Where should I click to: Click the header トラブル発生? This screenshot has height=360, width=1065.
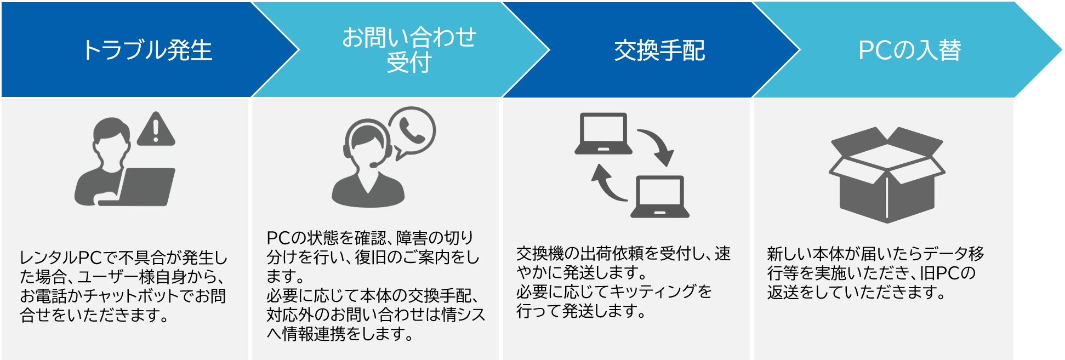[x=147, y=50]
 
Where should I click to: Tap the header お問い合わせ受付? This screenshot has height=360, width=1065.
[x=409, y=49]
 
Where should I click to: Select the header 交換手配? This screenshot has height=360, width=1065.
[x=659, y=50]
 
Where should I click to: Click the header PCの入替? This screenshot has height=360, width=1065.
[x=909, y=50]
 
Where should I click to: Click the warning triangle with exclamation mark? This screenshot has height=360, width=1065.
[x=156, y=130]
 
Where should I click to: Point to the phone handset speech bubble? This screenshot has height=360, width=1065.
[x=412, y=132]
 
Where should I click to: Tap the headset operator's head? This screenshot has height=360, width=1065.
[x=367, y=140]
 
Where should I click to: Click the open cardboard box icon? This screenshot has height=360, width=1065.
[x=886, y=175]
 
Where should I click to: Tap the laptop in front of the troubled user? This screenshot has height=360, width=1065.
[x=144, y=186]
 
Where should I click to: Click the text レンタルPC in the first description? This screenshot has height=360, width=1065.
[x=61, y=258]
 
